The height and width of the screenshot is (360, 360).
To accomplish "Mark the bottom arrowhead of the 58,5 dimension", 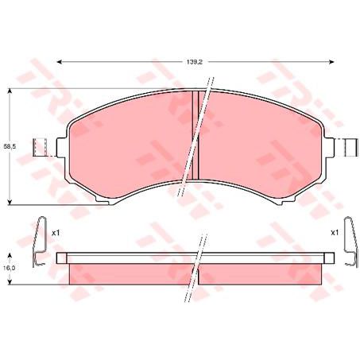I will (10, 201).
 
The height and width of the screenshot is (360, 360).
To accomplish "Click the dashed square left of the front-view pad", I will (41, 148).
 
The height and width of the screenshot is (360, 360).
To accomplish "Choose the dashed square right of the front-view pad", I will (348, 148).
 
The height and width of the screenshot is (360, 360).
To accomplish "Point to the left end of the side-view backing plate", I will (60, 258).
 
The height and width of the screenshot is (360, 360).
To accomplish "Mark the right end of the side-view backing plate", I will (329, 258).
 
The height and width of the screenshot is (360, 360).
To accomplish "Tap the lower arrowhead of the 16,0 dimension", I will (10, 282).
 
